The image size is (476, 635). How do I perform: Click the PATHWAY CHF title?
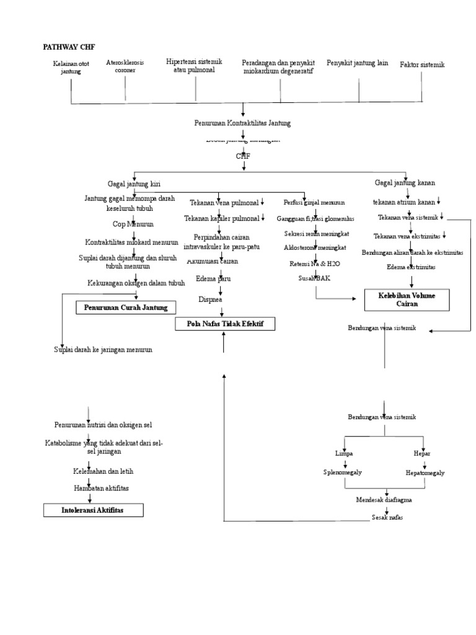[x=68, y=47]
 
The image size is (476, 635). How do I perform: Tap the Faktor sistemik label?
[x=422, y=64]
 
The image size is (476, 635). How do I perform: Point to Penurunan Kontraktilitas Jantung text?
[x=242, y=123]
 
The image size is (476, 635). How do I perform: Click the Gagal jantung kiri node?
[x=134, y=184]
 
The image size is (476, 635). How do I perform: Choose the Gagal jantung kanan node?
[x=405, y=183]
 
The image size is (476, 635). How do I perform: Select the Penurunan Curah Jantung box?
[x=125, y=308]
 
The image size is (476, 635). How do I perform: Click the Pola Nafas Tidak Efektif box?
[x=225, y=324]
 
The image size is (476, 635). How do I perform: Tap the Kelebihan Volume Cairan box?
[x=407, y=300]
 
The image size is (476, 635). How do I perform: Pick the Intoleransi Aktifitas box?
[x=93, y=510]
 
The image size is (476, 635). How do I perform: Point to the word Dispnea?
[x=210, y=299]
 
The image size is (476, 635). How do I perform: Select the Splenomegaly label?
[x=342, y=473]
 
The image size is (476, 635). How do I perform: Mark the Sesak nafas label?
[x=387, y=517]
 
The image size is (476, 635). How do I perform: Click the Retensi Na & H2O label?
[x=314, y=264]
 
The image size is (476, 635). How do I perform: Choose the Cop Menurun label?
[x=133, y=224]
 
